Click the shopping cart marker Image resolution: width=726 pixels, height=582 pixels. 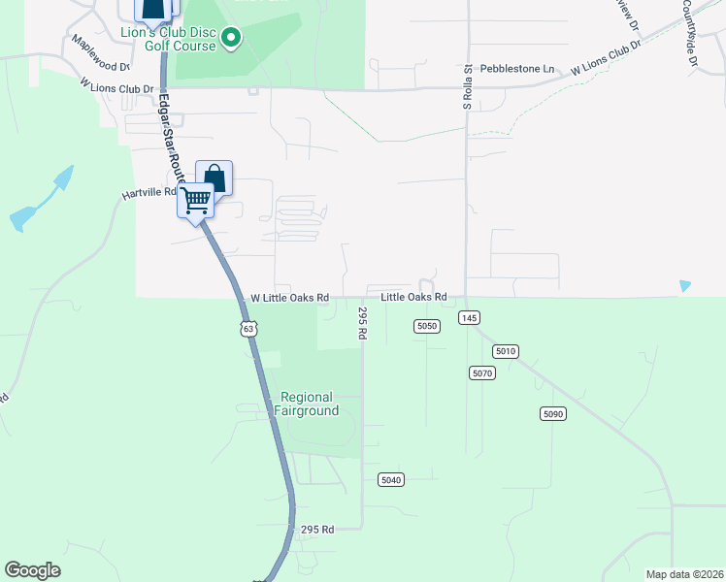coord(197,200)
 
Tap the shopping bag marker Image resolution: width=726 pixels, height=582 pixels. coord(214,178)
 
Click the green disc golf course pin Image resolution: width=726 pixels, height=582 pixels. coord(231,39)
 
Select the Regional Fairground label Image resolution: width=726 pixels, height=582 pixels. coord(307,404)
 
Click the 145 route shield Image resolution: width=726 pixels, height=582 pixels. coord(470,318)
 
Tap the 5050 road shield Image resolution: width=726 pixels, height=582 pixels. coord(427,326)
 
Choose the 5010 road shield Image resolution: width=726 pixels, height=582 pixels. coord(506,351)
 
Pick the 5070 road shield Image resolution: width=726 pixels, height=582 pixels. coord(482,372)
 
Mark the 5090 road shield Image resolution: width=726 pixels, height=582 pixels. coord(552,414)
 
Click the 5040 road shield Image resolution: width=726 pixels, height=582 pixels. coord(391,480)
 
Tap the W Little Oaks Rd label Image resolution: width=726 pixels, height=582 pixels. coord(290,298)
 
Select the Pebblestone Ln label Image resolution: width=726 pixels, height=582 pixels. coord(523,69)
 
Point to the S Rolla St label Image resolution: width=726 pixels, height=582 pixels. coord(467,88)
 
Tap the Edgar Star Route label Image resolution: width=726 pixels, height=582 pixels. coord(172,132)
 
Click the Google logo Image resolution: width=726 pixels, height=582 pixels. coord(33,570)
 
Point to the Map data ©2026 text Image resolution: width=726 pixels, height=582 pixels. coord(684,574)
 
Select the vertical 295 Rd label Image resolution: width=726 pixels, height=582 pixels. coord(361,323)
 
